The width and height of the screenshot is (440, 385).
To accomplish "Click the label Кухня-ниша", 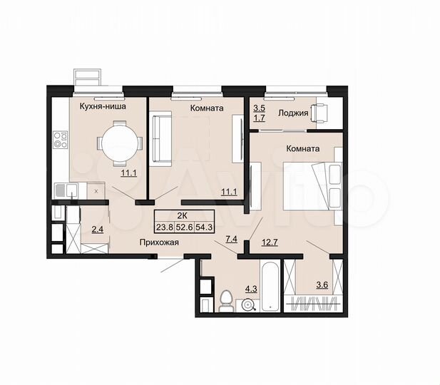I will point(103,107).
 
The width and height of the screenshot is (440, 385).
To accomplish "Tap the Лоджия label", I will point(294,113).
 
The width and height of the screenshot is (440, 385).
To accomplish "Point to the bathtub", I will point(270,289).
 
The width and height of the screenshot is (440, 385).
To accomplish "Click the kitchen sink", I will point(66,190).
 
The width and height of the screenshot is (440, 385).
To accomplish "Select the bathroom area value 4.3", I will point(251,289).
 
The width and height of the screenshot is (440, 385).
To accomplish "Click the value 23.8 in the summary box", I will point(164,229).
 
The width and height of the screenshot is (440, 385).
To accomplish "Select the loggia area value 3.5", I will point(259,108).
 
